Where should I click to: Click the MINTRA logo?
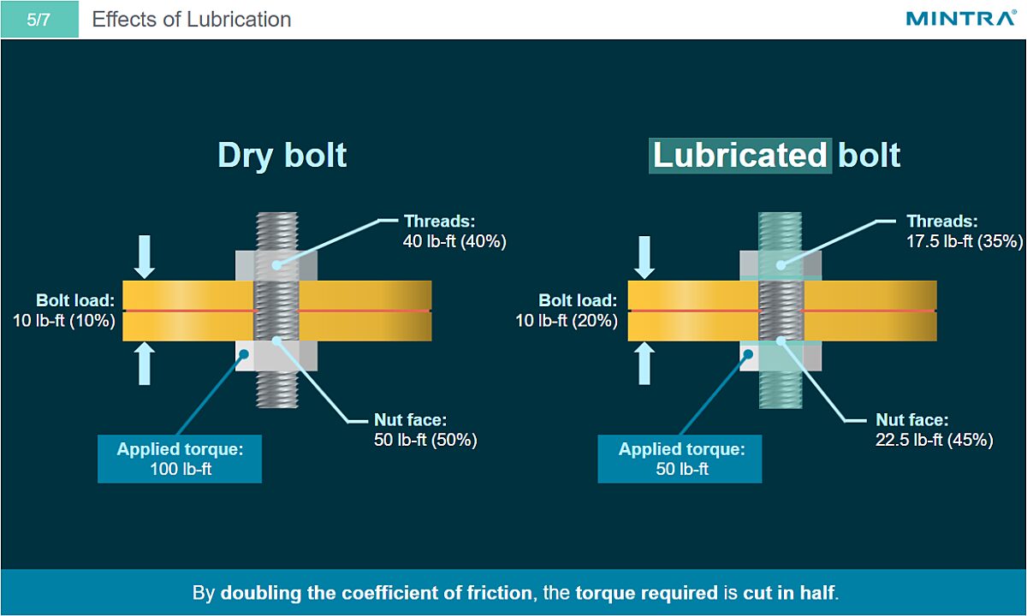(x=961, y=18)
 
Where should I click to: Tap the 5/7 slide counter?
(x=39, y=19)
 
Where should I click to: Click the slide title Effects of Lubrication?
(x=192, y=19)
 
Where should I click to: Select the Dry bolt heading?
(x=282, y=156)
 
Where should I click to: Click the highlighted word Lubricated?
(x=740, y=156)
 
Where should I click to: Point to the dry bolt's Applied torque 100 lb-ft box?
(x=180, y=459)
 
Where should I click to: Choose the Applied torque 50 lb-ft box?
(x=680, y=459)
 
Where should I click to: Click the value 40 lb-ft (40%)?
(x=454, y=241)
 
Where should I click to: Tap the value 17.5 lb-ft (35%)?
(x=965, y=241)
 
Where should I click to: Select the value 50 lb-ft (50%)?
(x=425, y=440)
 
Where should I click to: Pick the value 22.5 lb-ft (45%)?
(x=935, y=440)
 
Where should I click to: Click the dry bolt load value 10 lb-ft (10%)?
(x=64, y=321)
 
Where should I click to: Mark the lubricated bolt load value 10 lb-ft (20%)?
(x=567, y=321)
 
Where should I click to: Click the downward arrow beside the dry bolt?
(x=145, y=258)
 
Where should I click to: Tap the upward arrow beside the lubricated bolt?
(x=644, y=364)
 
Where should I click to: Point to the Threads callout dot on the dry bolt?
(x=276, y=265)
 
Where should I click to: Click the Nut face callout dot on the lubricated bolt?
(x=781, y=341)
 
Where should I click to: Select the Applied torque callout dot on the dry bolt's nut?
(x=245, y=354)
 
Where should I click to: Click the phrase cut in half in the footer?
(x=788, y=593)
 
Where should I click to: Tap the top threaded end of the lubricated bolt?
(x=780, y=231)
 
